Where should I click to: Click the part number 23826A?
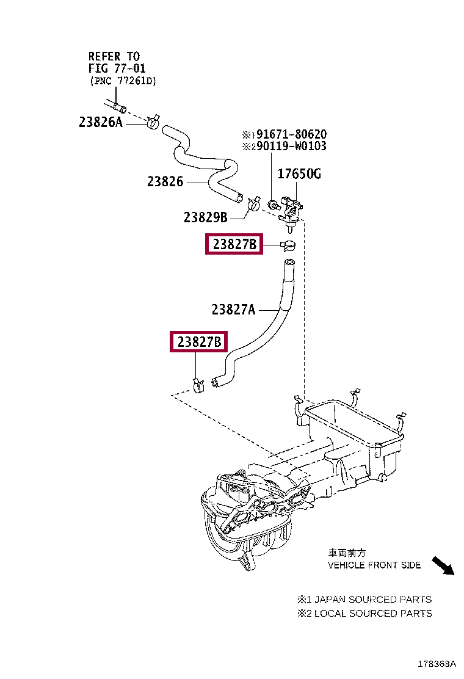coord(101,122)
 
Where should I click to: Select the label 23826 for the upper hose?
coord(165,181)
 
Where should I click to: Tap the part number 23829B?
coord(205,217)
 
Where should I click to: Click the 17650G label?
coord(299,175)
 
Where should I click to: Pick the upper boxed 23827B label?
coord(234,245)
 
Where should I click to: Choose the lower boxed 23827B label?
coord(199,343)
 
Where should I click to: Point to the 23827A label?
coord(233,310)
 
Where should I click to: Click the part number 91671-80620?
coord(291,134)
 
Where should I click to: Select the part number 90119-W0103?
coord(291,147)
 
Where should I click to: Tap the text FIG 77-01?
coord(117,68)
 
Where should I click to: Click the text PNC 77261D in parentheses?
coord(122,81)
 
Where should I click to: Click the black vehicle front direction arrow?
coord(443,566)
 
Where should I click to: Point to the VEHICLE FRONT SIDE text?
coord(374,565)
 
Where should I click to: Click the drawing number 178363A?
coord(437,664)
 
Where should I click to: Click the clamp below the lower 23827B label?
coord(198,385)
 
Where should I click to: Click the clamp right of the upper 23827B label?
coord(288,245)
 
